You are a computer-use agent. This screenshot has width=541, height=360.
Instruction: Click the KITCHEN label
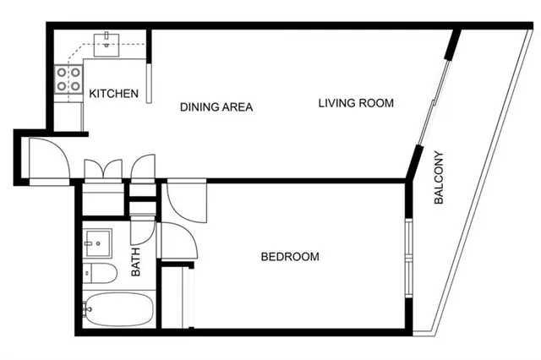pyautogui.click(x=114, y=94)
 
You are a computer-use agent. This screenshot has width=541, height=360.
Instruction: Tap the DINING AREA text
pyautogui.click(x=216, y=107)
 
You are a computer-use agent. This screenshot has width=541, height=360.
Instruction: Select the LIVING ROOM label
pyautogui.click(x=356, y=103)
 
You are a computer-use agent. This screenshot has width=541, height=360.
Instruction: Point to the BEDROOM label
pyautogui.click(x=290, y=257)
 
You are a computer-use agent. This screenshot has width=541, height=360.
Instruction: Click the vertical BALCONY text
pyautogui.click(x=439, y=178)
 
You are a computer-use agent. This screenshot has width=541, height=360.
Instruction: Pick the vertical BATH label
pyautogui.click(x=137, y=261)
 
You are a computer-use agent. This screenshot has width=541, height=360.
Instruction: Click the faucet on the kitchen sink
pyautogui.click(x=108, y=36)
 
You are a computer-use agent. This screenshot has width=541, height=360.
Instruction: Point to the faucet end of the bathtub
pyautogui.click(x=88, y=310)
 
